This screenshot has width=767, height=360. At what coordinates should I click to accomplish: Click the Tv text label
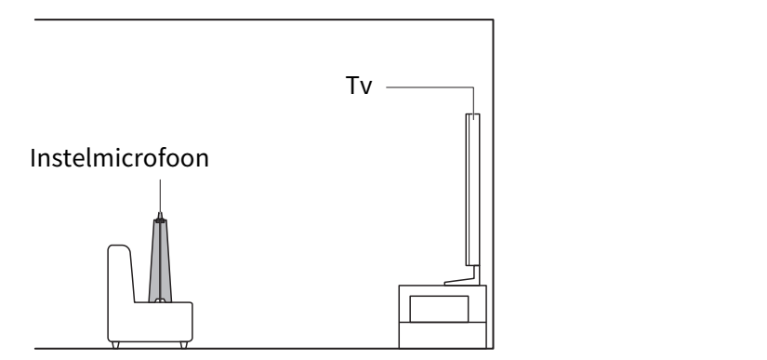coord(359,86)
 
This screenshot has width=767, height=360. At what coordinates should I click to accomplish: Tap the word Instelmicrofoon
coord(119,158)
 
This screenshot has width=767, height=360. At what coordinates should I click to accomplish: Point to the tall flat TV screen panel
coord(472,190)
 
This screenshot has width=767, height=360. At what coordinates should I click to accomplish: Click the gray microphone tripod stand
coord(160,261)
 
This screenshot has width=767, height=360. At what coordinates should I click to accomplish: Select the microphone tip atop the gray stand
coord(160,216)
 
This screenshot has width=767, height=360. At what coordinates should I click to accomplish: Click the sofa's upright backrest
coord(121,273)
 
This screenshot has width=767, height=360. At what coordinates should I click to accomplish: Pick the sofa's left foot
coord(115,345)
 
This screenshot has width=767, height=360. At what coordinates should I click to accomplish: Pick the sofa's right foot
coord(184,345)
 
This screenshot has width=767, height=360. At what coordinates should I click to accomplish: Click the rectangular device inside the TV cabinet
coord(439,309)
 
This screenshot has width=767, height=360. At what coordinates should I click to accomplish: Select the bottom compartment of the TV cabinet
coord(443,335)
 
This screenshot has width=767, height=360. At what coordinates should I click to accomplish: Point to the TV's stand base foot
coord(461,282)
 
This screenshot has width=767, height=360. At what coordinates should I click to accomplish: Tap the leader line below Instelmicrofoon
coord(160,195)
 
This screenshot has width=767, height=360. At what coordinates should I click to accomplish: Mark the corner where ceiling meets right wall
coord(493,20)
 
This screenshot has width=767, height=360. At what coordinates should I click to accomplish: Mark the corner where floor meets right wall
coord(493,348)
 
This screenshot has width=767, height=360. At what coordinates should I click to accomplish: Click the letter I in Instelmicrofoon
coord(33,158)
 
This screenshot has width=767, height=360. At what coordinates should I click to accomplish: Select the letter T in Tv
coord(352,85)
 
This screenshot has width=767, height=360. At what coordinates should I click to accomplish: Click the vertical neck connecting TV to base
coord(476,273)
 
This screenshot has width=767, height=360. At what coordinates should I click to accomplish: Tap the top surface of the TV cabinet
coord(443,286)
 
